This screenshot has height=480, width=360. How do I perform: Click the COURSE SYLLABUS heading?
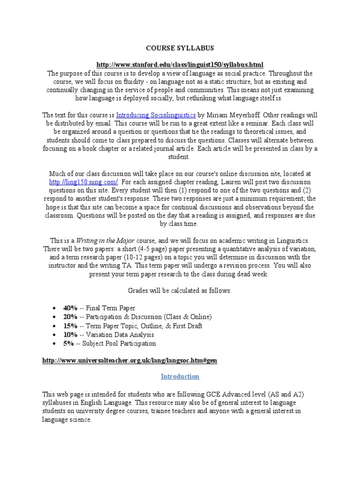pos(180,48)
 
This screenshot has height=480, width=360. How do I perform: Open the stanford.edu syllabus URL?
pos(180,64)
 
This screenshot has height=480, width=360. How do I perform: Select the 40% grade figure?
pos(70,308)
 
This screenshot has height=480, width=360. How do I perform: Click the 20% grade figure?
pos(70,317)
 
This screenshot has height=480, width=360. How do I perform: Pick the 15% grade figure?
pos(70,326)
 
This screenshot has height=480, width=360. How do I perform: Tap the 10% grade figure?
pos(70,335)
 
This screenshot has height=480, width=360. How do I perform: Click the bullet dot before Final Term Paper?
pos(55,308)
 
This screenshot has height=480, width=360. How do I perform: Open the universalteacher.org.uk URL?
pos(129,360)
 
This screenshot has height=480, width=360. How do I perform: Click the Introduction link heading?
pos(180,376)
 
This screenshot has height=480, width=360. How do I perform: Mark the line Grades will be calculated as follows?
pos(180,291)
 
